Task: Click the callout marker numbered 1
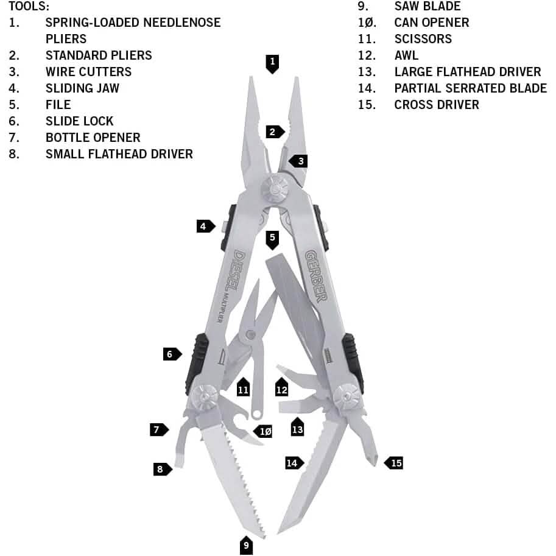272,62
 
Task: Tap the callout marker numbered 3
299,161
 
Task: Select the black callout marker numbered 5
272,239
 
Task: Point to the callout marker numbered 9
246,545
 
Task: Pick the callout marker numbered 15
395,463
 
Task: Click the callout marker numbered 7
158,430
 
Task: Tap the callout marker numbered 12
281,387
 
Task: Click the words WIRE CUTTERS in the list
88,71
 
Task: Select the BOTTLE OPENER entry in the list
93,137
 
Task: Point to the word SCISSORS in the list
423,38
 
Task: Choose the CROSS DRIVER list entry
436,104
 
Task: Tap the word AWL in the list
406,55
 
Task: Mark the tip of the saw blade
263,535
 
